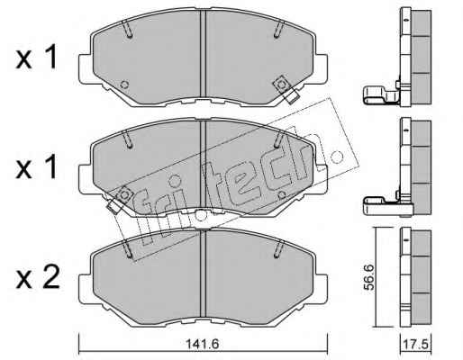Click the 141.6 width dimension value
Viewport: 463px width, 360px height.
[x=203, y=344]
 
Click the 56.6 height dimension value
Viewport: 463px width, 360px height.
[x=369, y=277]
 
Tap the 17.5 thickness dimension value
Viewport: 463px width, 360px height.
[x=416, y=345]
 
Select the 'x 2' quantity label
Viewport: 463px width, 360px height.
[x=38, y=278]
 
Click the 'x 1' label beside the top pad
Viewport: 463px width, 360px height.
[x=36, y=57]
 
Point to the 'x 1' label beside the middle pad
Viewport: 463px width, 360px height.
[x=36, y=166]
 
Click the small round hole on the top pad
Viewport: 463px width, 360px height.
[x=124, y=85]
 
